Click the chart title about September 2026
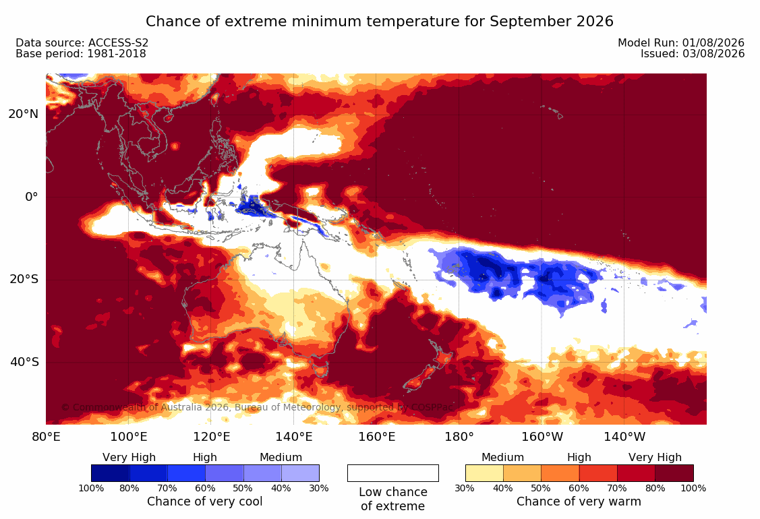point(380,22)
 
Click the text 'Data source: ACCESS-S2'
point(82,42)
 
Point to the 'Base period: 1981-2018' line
point(80,54)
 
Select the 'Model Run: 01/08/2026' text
point(681,42)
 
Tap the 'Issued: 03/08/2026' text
point(693,54)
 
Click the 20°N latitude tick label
point(23,114)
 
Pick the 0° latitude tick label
point(32,197)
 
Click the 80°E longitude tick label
point(46,437)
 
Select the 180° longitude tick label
point(459,437)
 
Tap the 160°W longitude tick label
point(542,437)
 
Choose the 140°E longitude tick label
point(294,437)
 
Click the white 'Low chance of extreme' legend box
point(393,473)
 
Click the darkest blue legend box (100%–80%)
point(110,473)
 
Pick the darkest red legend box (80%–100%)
point(674,473)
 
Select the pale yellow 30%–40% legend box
point(484,473)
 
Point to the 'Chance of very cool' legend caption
point(204,501)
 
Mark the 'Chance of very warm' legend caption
point(579,501)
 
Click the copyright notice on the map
point(258,407)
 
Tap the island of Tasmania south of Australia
point(320,371)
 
